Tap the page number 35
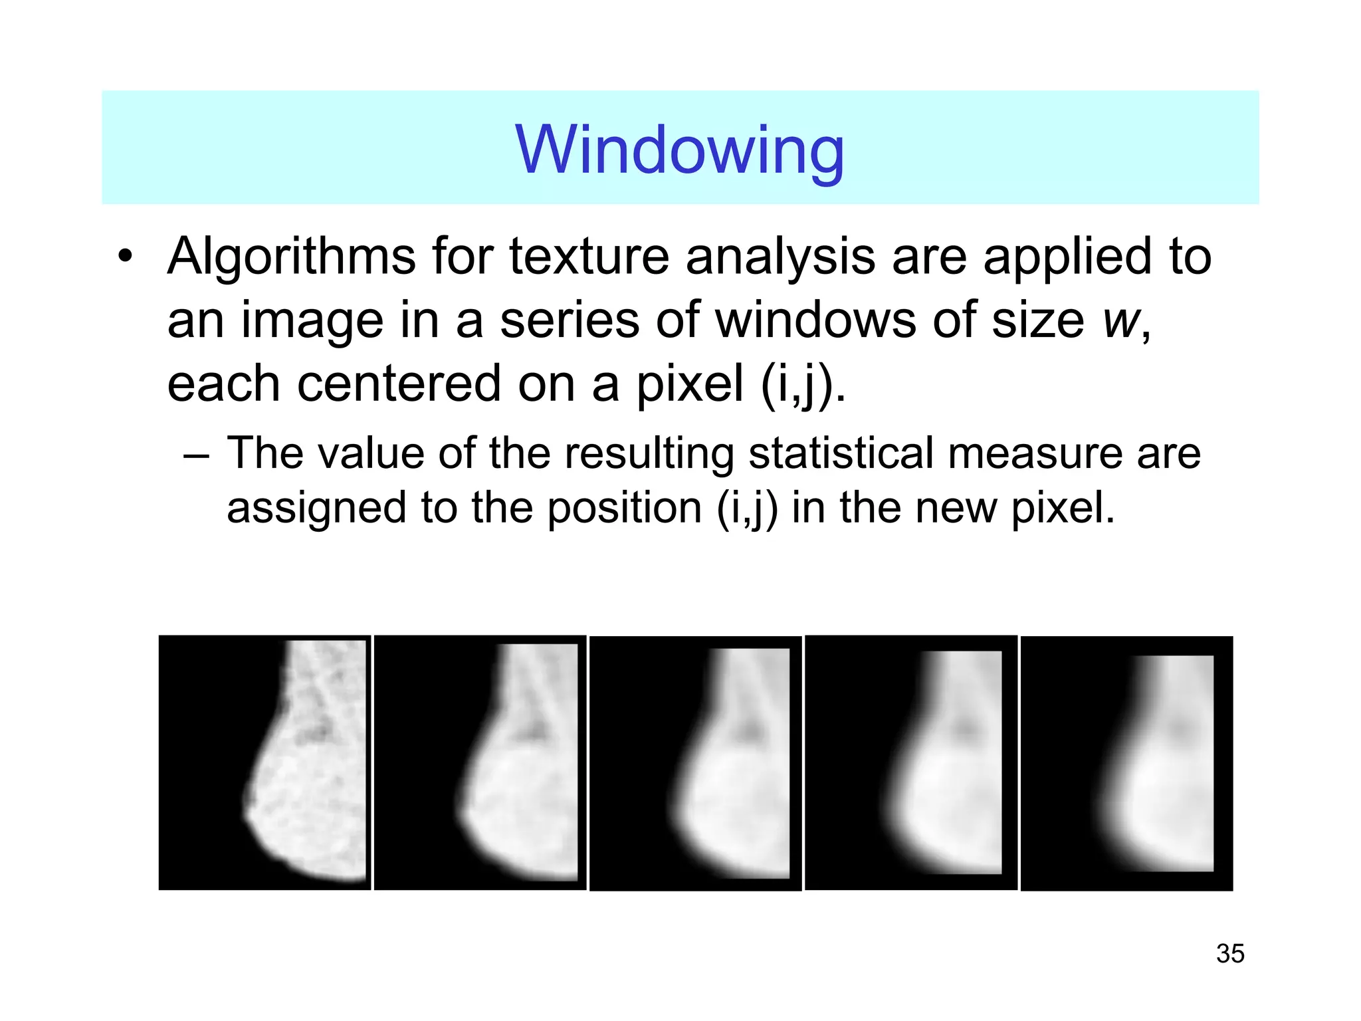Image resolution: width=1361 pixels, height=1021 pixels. (x=1229, y=953)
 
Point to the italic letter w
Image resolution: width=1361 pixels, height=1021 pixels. (x=1120, y=322)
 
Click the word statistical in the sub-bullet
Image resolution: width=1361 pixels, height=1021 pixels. (x=841, y=454)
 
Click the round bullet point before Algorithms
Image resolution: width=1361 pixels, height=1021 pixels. (x=125, y=257)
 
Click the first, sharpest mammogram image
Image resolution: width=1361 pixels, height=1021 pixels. (x=264, y=762)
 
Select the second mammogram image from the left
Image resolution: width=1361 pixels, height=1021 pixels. (x=480, y=762)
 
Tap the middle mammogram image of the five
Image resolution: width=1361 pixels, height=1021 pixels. (x=695, y=763)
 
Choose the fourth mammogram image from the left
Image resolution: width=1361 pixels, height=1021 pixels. (x=910, y=762)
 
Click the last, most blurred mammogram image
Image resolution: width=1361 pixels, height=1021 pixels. (x=1126, y=763)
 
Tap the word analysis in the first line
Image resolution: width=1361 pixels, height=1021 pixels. (x=780, y=258)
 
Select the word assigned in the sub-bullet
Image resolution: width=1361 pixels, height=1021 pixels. (x=316, y=509)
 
